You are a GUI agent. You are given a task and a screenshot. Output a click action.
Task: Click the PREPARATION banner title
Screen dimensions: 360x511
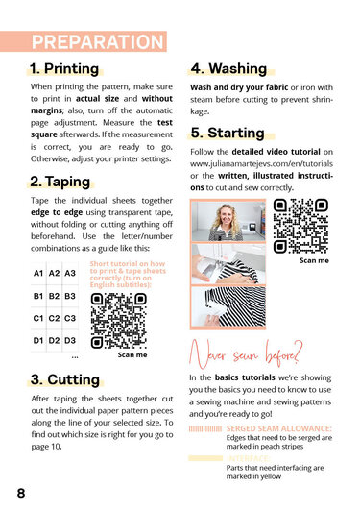click(x=97, y=42)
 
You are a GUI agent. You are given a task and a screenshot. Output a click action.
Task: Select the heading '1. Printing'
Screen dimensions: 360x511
click(x=64, y=69)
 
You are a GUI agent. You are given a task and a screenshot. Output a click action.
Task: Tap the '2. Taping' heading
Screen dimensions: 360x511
click(x=60, y=182)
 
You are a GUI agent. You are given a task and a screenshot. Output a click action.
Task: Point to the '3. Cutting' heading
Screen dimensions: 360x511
click(x=65, y=379)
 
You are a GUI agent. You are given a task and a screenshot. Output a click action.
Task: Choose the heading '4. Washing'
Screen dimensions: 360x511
click(x=228, y=68)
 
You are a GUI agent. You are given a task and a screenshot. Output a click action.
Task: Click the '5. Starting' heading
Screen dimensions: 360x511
click(x=228, y=133)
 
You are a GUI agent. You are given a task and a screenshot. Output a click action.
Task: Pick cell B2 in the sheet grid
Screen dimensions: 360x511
click(x=54, y=296)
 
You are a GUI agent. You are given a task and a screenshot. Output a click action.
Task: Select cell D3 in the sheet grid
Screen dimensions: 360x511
click(x=70, y=340)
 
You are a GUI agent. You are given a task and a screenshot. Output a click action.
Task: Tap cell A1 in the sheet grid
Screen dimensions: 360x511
click(x=38, y=273)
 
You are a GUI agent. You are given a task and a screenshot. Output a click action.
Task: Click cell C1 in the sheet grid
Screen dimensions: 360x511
click(x=38, y=318)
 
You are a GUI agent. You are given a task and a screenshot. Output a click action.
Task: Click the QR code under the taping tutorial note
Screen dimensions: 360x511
click(x=119, y=321)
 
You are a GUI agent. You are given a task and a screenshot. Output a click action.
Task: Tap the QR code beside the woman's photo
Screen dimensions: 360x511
click(x=300, y=226)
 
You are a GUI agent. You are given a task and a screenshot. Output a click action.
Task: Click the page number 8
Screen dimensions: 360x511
click(x=21, y=493)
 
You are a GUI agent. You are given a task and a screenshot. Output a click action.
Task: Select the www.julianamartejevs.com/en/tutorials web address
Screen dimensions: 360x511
click(x=262, y=163)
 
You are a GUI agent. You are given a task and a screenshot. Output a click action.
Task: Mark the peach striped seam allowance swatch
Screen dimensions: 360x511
click(x=205, y=428)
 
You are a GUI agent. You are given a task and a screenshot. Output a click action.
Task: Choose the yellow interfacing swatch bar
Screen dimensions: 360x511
click(x=205, y=458)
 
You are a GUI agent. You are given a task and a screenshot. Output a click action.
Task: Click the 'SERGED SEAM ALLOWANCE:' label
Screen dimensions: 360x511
click(x=279, y=428)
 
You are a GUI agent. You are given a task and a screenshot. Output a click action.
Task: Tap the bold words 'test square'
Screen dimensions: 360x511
click(x=102, y=129)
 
